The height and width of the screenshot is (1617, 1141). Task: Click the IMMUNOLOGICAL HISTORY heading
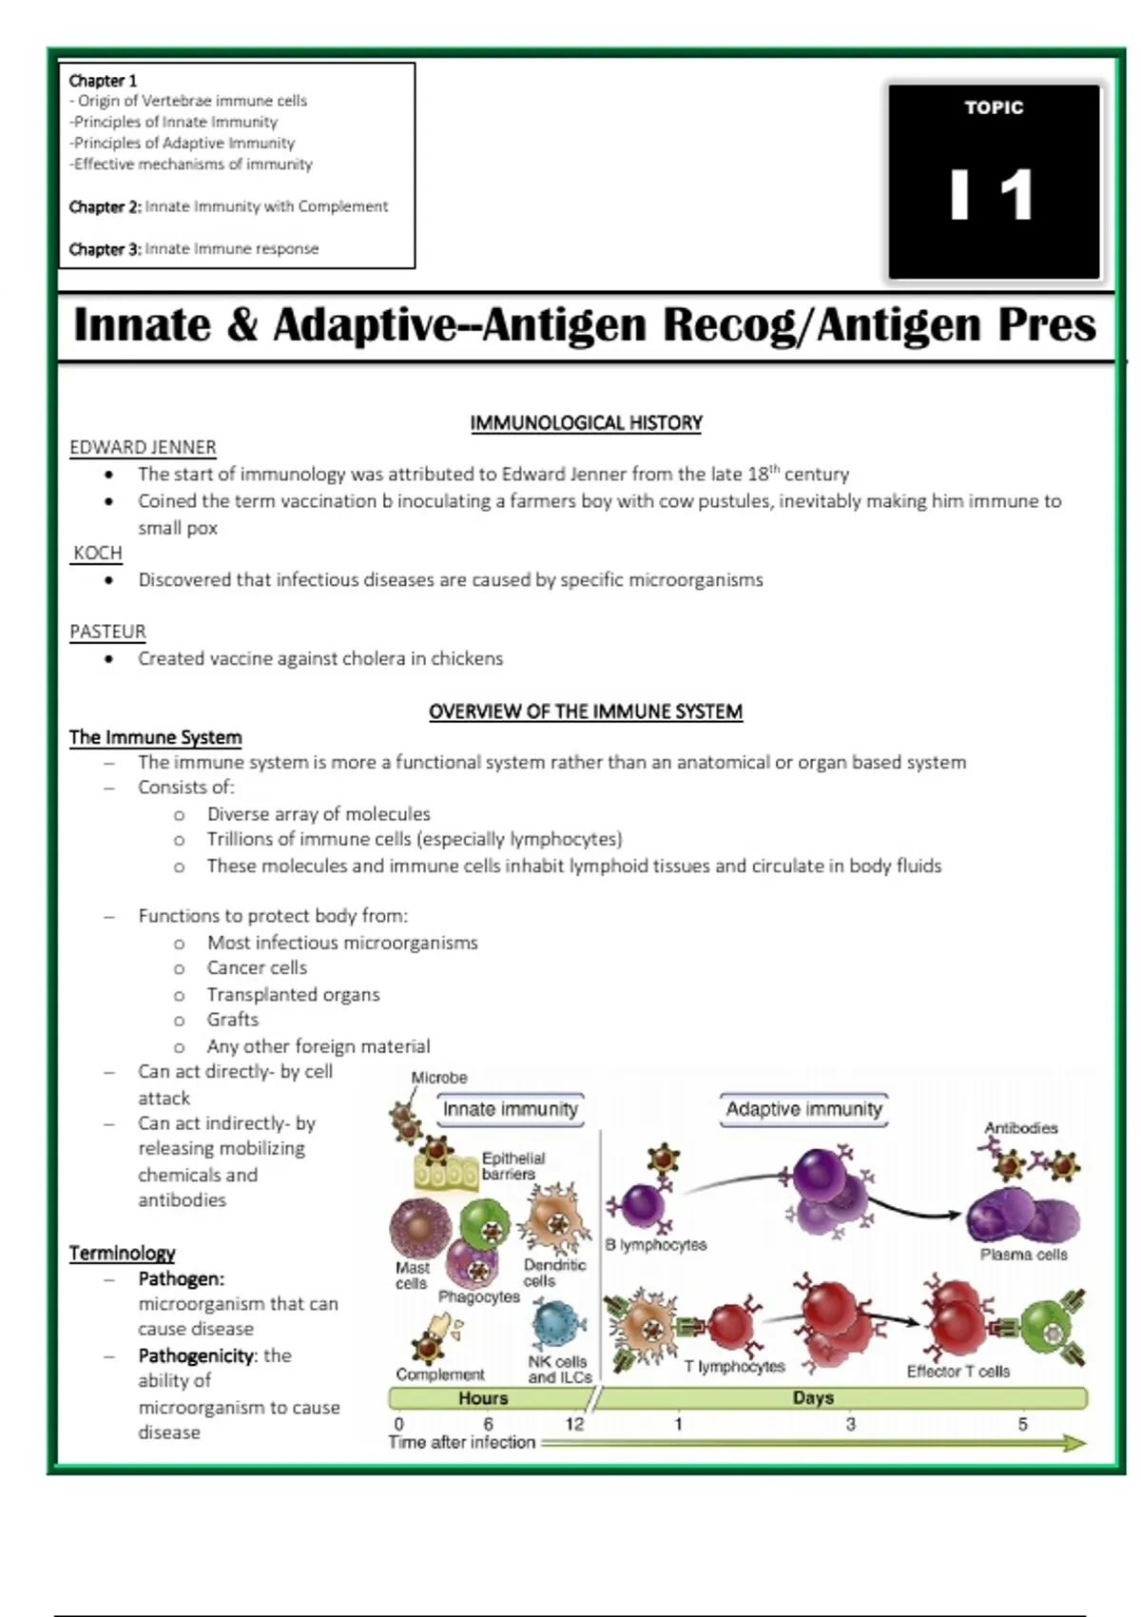click(586, 423)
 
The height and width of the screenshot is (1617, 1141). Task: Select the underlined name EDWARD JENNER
click(143, 447)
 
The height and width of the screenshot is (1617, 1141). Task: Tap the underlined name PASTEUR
click(107, 632)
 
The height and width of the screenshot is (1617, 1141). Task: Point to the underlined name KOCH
click(97, 553)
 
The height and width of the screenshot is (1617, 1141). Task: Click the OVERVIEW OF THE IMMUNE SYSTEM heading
click(585, 711)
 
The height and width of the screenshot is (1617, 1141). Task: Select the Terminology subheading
click(122, 1253)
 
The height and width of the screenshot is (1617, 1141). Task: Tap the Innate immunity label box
click(511, 1109)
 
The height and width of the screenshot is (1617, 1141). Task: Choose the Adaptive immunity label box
click(803, 1109)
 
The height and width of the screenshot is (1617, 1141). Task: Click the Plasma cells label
click(1023, 1255)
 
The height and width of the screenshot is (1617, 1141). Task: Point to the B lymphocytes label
click(656, 1244)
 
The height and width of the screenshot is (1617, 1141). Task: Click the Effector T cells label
click(957, 1371)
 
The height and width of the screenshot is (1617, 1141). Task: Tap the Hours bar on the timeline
click(484, 1398)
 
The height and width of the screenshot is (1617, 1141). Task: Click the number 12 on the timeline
click(574, 1424)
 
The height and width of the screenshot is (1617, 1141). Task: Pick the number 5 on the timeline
click(1022, 1424)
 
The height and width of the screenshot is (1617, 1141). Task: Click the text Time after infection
click(462, 1442)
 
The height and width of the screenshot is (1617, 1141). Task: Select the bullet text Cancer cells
click(257, 968)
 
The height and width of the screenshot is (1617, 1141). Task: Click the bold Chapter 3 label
click(105, 249)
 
